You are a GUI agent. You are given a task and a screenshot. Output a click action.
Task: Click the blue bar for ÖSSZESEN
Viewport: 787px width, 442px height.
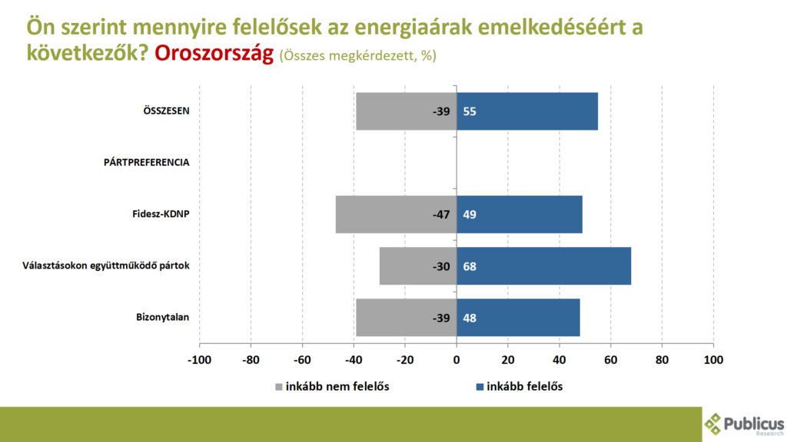click(527, 111)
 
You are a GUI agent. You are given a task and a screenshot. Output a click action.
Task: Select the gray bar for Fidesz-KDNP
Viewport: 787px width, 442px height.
click(396, 214)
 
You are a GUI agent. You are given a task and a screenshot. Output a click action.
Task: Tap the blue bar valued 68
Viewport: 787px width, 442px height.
click(544, 266)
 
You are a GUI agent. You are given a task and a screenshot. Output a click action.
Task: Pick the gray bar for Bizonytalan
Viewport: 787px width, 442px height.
click(406, 317)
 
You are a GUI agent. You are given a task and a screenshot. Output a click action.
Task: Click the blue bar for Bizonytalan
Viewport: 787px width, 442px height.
click(519, 317)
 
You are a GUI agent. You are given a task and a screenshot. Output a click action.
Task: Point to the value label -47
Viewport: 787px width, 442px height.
click(440, 214)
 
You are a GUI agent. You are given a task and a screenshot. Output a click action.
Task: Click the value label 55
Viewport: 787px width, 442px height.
click(470, 111)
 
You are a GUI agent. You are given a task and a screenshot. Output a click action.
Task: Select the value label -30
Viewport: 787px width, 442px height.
click(440, 266)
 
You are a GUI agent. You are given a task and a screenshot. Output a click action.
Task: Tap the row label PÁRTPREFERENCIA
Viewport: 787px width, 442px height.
click(147, 163)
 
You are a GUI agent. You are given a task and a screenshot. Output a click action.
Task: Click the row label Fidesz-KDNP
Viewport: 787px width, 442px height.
click(161, 214)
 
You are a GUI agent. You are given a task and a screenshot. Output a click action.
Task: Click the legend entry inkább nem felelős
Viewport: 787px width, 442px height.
click(337, 387)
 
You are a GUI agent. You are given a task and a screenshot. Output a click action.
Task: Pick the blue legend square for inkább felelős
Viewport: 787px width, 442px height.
click(480, 387)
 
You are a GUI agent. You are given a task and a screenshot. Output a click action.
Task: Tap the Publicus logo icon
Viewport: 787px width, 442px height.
click(715, 423)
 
